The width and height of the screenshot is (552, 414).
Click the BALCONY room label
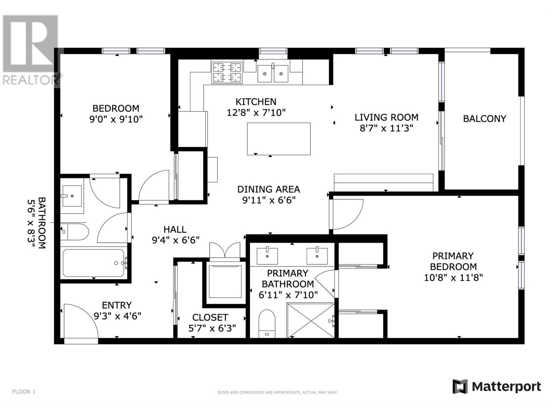[x=484, y=119]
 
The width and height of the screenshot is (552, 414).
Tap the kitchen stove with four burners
[x=227, y=72]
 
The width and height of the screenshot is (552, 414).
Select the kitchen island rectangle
[x=279, y=139]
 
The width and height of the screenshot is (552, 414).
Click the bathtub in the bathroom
[x=93, y=263]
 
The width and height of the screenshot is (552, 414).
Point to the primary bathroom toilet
[x=267, y=324]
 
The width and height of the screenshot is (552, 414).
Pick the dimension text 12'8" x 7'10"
[x=256, y=112]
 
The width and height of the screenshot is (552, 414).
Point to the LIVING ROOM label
[x=386, y=117]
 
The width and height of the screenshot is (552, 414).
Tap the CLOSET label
[x=210, y=317]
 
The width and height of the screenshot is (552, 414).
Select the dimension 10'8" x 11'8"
[x=453, y=278]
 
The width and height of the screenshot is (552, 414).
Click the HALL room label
[x=175, y=229]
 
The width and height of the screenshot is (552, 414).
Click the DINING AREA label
[x=268, y=189]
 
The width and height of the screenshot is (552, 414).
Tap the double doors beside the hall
[x=225, y=250]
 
